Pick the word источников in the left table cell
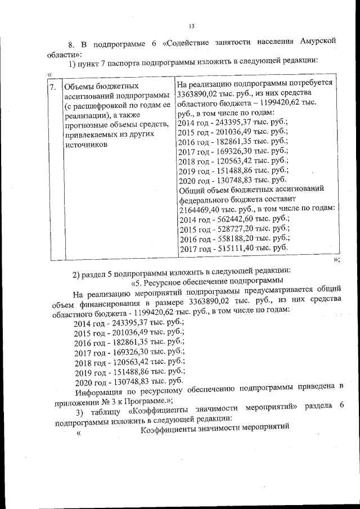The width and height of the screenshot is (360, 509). tap(86, 145)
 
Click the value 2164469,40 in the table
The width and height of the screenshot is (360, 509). tap(200, 209)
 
